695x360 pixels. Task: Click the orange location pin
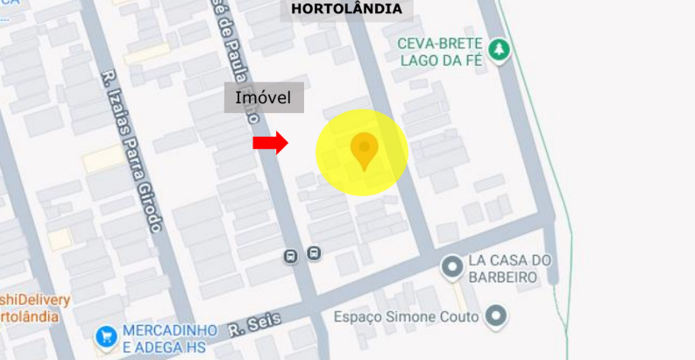click(364, 150)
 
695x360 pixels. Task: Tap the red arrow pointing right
click(271, 142)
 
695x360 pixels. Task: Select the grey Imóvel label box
click(264, 97)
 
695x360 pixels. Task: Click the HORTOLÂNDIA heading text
click(346, 10)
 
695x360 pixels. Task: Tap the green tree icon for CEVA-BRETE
click(500, 49)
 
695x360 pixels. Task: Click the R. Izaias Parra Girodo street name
click(132, 150)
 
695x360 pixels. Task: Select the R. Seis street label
click(255, 326)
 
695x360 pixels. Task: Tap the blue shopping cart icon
click(106, 335)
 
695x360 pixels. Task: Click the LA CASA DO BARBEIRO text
click(509, 268)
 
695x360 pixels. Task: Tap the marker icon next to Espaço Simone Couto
click(496, 315)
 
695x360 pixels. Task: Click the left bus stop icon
click(290, 256)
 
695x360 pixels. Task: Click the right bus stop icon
click(314, 254)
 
